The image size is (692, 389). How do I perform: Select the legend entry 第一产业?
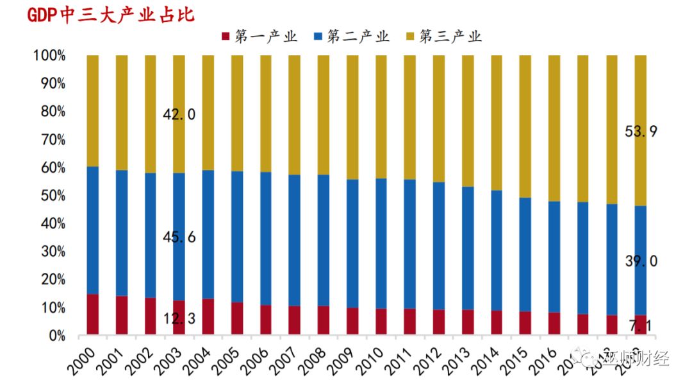tap(259, 36)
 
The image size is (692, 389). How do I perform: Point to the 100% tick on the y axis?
tap(49, 56)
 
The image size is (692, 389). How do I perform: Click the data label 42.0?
tap(179, 115)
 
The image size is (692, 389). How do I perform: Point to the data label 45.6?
tap(179, 238)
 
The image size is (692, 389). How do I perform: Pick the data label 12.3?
tap(179, 319)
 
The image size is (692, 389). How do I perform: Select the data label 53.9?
tap(641, 132)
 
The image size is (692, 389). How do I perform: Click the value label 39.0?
tap(641, 261)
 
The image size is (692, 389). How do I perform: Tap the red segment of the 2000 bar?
tap(93, 315)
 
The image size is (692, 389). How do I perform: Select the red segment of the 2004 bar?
tap(208, 316)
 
